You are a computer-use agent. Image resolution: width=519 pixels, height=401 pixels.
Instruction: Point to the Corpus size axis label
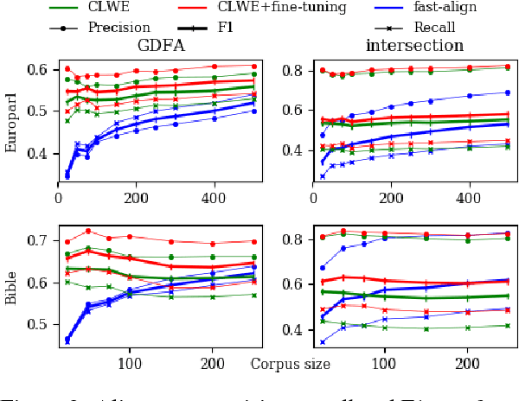point(291,364)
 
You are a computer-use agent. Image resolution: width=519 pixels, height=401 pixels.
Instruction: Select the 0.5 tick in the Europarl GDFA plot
point(36,111)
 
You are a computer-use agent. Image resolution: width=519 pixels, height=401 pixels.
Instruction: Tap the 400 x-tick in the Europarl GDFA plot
point(214,199)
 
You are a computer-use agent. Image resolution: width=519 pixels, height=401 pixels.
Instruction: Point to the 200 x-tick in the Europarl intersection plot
point(390,199)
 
